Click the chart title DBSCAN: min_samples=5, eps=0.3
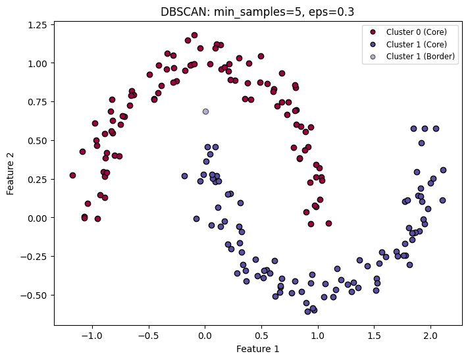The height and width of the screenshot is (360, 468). tap(257, 11)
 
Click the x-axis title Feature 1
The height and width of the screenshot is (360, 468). tap(257, 349)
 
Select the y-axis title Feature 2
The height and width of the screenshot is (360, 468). tap(11, 172)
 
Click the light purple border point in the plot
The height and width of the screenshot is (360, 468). tap(205, 112)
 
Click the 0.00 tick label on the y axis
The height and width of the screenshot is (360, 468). tap(37, 218)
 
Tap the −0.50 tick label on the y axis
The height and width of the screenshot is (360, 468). tap(34, 295)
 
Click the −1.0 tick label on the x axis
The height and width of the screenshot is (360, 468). tap(91, 334)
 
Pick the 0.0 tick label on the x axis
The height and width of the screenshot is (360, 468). tap(205, 334)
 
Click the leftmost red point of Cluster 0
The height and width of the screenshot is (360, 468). tap(72, 176)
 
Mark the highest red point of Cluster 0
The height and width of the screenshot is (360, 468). tap(194, 36)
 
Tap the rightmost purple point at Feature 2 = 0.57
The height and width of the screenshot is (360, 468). tap(436, 129)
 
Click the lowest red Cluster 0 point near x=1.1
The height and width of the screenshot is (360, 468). tap(328, 224)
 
